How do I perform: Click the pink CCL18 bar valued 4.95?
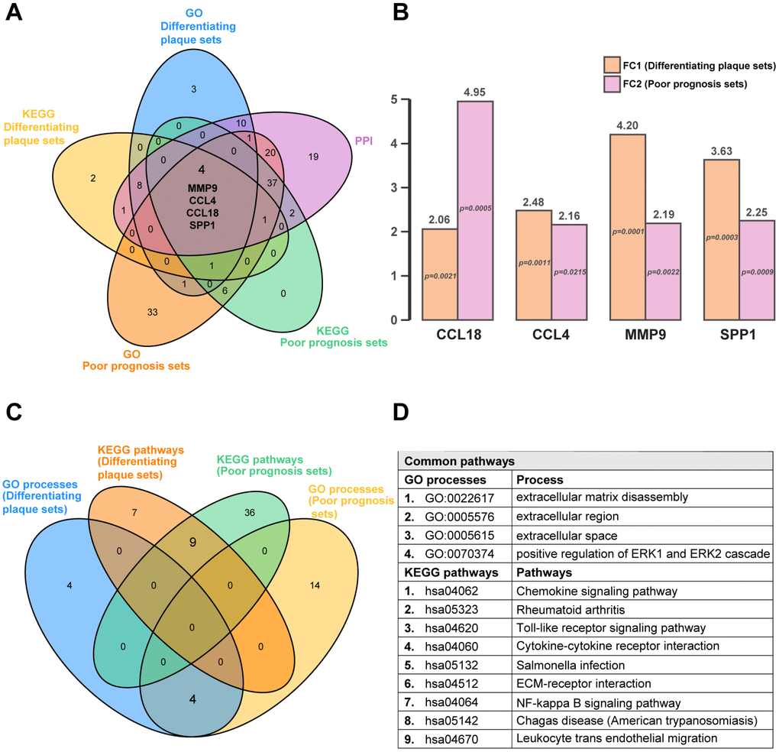pos(475,210)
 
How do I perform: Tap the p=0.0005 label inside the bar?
pos(476,208)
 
